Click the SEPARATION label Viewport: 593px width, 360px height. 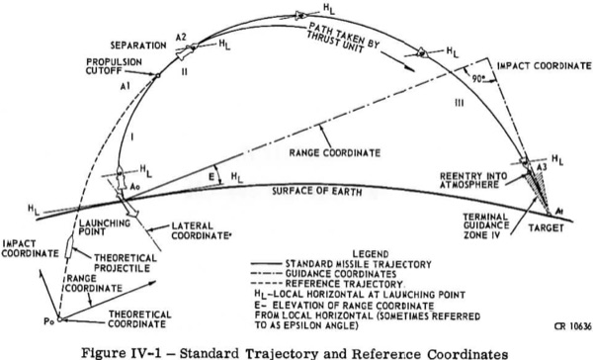138,45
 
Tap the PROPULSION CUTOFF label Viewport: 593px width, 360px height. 114,66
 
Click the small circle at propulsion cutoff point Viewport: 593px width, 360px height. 158,76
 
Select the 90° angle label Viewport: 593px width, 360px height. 478,79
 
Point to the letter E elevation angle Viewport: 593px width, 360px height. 212,176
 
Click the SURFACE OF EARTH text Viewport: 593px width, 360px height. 317,191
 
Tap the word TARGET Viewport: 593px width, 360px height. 546,227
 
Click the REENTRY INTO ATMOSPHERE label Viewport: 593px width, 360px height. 468,180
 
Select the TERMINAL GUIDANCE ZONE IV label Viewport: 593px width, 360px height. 486,225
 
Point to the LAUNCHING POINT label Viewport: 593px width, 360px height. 105,227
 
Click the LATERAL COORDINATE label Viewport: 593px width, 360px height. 202,230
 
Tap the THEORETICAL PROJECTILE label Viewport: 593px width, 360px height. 126,263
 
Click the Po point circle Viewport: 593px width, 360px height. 59,319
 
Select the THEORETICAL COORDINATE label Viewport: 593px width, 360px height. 139,319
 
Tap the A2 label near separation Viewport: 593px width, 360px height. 181,38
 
